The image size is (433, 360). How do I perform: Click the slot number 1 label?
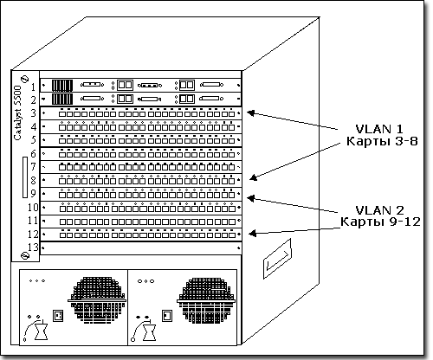(x=32, y=87)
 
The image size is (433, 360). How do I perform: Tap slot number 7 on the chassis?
(x=32, y=165)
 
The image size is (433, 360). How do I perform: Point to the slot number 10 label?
(x=31, y=208)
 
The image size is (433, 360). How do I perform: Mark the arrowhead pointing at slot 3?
(x=249, y=112)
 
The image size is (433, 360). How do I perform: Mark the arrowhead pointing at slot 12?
(x=249, y=234)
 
